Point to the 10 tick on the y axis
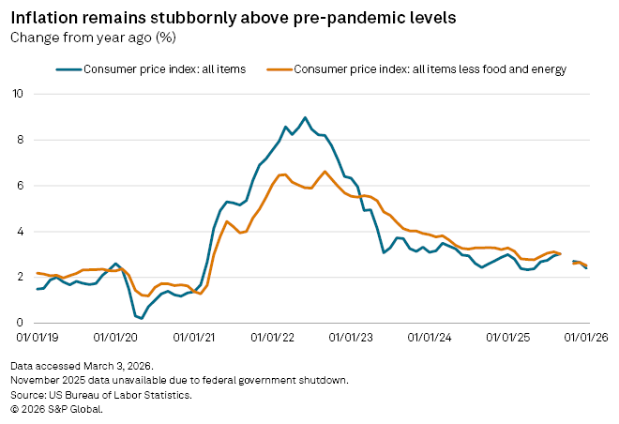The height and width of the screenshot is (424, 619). pyautogui.click(x=19, y=94)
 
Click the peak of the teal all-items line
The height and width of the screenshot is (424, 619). pyautogui.click(x=305, y=117)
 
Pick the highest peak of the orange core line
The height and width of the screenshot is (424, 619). pyautogui.click(x=325, y=172)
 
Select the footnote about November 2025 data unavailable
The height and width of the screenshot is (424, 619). pyautogui.click(x=179, y=380)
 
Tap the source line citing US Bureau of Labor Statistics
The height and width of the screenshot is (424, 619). pyautogui.click(x=102, y=395)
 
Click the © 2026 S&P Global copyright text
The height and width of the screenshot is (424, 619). pyautogui.click(x=56, y=409)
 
